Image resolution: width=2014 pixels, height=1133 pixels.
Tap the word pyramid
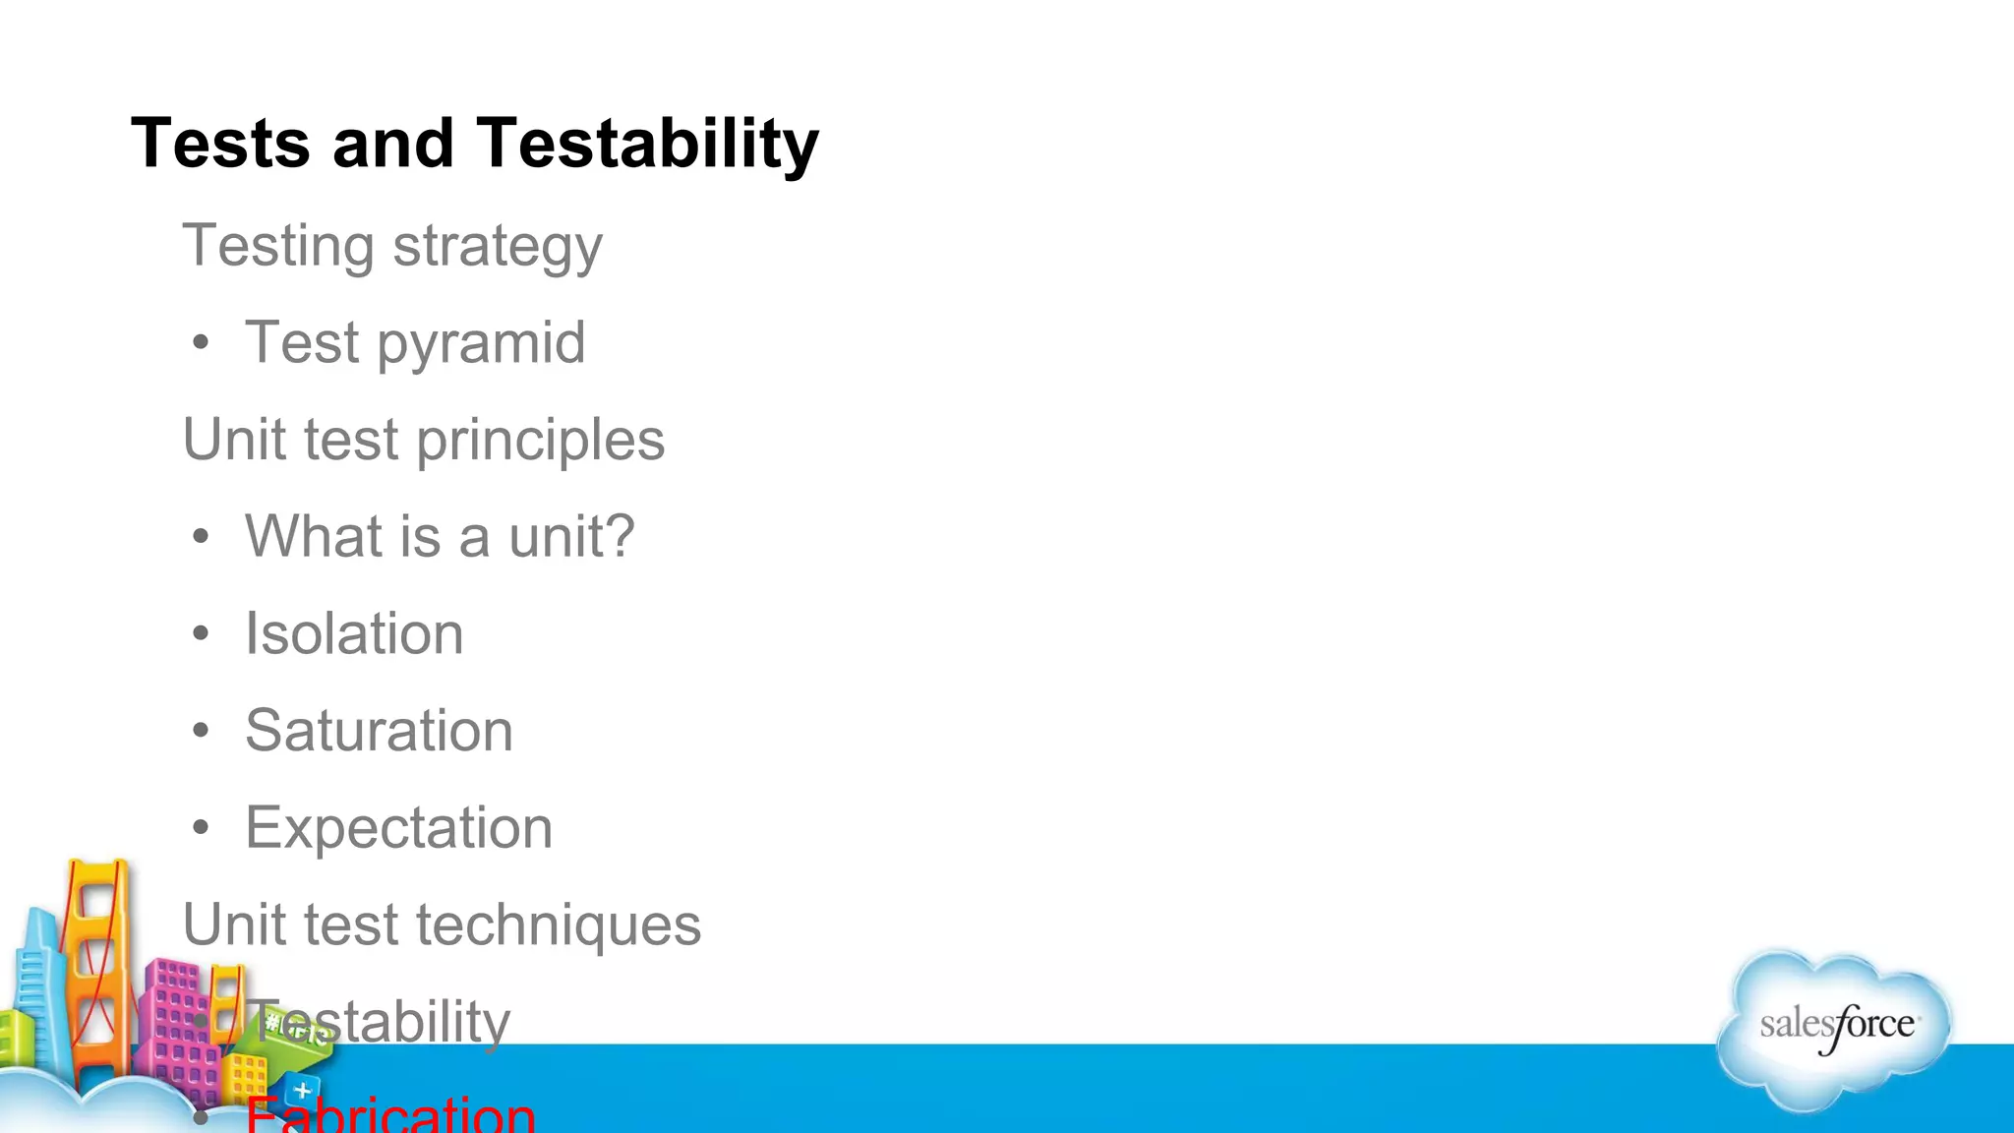(481, 343)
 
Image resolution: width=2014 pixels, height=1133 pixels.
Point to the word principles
(540, 440)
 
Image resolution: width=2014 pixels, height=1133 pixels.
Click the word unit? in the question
(571, 537)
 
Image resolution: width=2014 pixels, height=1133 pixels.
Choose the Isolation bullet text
(354, 633)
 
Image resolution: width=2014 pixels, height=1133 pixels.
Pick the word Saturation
(379, 731)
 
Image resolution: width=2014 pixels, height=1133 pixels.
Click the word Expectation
(398, 828)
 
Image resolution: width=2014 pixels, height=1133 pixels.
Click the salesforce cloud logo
(1835, 1028)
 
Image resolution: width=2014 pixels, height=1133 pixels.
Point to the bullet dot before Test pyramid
(202, 343)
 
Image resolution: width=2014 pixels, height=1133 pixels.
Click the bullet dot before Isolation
(202, 634)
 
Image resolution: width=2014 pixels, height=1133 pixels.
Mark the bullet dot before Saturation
(202, 732)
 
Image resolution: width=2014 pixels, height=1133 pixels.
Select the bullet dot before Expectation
(202, 828)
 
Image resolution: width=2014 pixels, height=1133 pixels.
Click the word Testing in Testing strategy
(278, 247)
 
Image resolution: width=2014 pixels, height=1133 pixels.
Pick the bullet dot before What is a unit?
(202, 538)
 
